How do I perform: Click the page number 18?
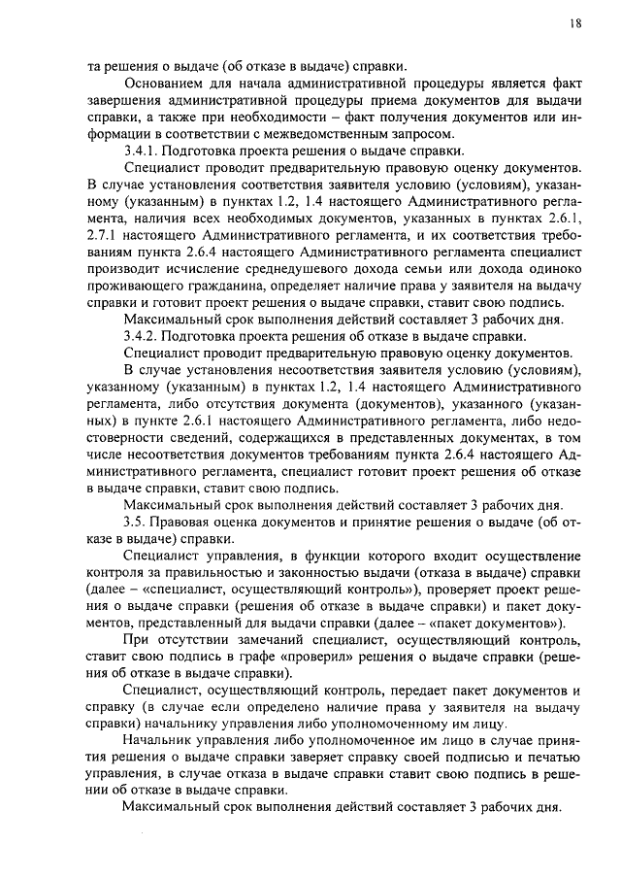point(575,23)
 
